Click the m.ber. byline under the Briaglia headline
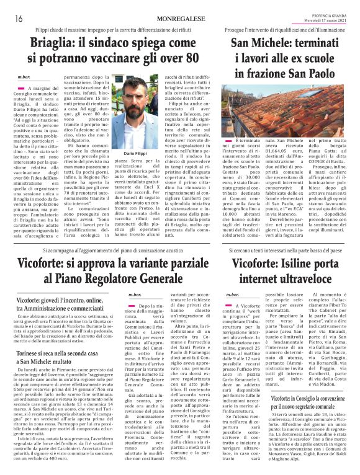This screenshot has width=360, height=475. tap(24, 76)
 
